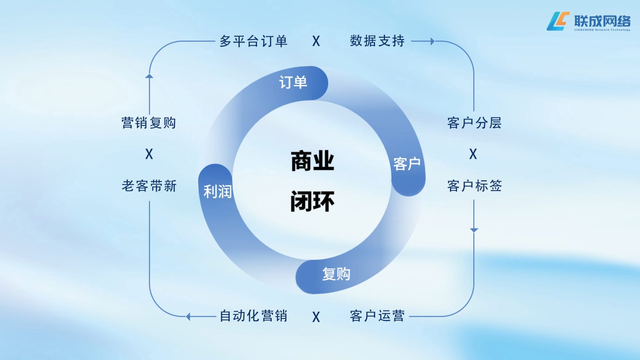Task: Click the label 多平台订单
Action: click(253, 41)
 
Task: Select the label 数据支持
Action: click(377, 41)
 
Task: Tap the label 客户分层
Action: click(474, 123)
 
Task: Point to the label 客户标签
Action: click(474, 186)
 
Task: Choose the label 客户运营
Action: click(377, 316)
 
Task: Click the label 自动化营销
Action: click(253, 316)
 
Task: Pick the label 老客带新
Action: click(149, 186)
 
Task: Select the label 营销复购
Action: click(149, 123)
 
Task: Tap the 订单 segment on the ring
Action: click(293, 82)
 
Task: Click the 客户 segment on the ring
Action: click(407, 164)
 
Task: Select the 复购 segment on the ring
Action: click(336, 274)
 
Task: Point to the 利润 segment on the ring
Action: click(217, 191)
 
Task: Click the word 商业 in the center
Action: click(312, 161)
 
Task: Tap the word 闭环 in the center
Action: click(312, 201)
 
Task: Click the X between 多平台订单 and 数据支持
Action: click(316, 41)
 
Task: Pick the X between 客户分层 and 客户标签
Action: click(473, 154)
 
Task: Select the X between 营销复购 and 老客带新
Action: click(149, 154)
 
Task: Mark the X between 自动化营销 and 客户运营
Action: click(316, 317)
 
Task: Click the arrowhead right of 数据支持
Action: click(432, 41)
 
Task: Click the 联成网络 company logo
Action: click(588, 21)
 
